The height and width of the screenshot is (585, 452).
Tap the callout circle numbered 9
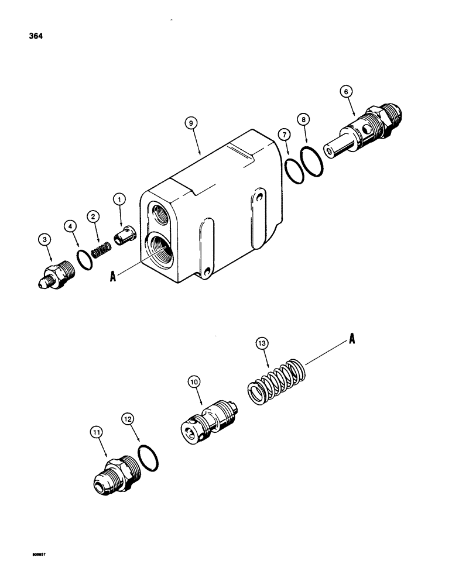(189, 123)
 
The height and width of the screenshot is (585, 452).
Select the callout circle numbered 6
(346, 91)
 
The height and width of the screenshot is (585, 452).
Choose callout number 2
(92, 216)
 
